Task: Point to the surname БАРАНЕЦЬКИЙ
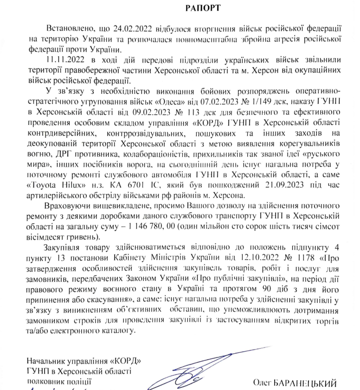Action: (x=306, y=383)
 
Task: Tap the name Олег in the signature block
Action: (x=263, y=383)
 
